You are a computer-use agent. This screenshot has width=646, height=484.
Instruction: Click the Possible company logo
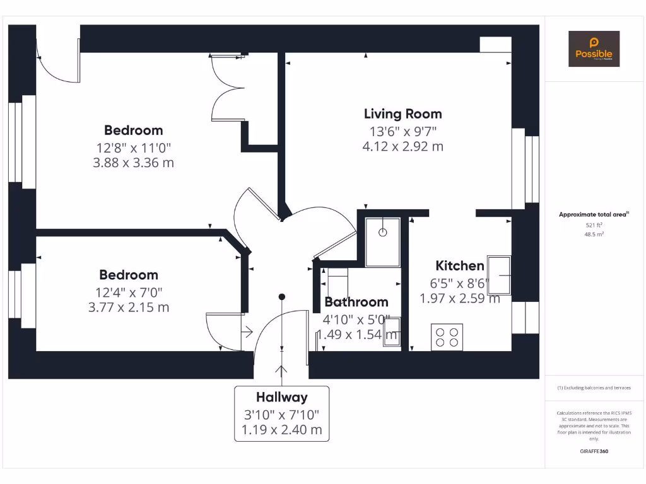click(x=594, y=49)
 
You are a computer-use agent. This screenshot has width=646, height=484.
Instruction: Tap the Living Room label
click(x=402, y=114)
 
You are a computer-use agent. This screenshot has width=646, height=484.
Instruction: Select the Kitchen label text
click(x=460, y=266)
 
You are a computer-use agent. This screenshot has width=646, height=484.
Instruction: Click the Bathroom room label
click(x=356, y=302)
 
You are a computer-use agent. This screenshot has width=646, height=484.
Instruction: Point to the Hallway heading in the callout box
click(x=281, y=397)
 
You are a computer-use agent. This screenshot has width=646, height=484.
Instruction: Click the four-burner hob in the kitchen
click(x=447, y=337)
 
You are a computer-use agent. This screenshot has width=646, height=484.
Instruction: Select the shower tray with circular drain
click(x=382, y=241)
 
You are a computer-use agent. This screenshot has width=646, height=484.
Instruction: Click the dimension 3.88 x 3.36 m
click(x=133, y=163)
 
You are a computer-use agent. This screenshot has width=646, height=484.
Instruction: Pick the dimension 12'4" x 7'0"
click(x=129, y=292)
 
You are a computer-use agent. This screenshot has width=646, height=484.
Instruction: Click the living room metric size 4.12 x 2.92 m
click(x=402, y=146)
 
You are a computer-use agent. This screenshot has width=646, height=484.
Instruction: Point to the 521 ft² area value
click(x=594, y=224)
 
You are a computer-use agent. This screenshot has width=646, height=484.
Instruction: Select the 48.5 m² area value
click(x=594, y=234)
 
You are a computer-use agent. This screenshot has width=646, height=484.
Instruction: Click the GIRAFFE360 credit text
click(x=594, y=451)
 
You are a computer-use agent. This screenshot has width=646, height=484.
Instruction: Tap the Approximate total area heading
click(x=593, y=215)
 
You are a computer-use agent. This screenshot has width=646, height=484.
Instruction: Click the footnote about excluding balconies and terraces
click(x=594, y=388)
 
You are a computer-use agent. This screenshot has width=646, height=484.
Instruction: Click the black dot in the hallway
click(x=282, y=296)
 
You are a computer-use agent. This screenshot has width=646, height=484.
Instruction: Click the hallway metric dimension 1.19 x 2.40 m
click(x=281, y=430)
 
